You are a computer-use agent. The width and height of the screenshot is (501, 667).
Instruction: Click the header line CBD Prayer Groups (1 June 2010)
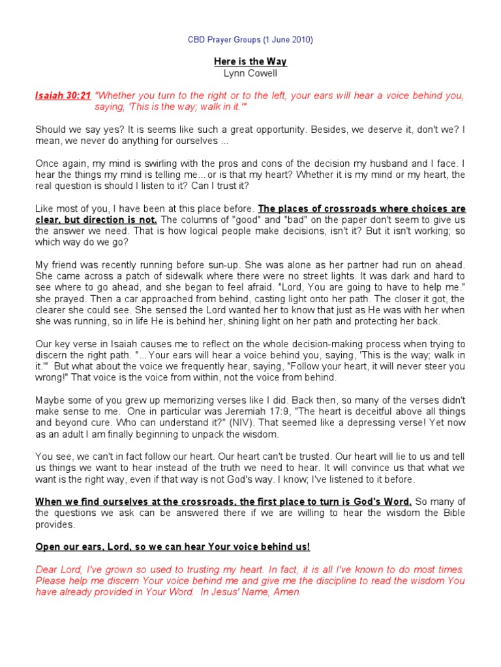pos(250,40)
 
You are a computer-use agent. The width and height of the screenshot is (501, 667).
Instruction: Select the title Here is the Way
pos(250,62)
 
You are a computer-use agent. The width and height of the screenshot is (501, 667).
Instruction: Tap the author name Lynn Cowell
pos(250,74)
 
